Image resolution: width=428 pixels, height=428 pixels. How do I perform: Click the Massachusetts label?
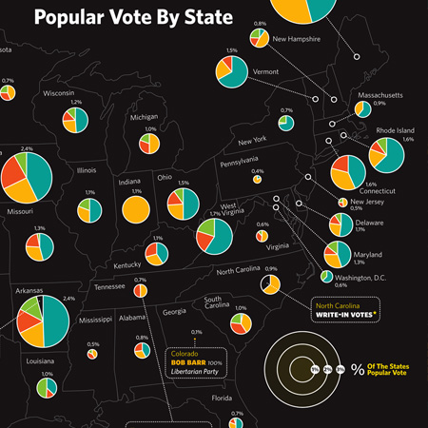tap(380, 96)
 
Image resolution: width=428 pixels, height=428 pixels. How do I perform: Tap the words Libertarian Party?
tap(191, 373)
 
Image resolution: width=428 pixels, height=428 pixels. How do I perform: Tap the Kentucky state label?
tap(126, 266)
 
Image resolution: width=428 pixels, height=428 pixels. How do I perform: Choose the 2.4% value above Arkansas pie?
tap(68, 299)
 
